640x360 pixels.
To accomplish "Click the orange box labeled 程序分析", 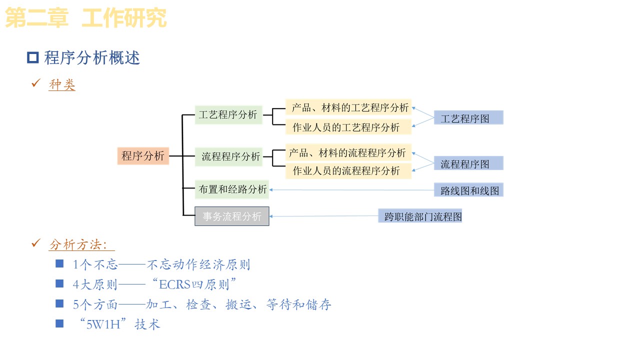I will tap(143, 156).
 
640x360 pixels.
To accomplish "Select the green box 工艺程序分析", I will tap(228, 114).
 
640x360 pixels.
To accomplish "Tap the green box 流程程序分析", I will tap(231, 156).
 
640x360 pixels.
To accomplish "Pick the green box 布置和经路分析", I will tap(232, 189).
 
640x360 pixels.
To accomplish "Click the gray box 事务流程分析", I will tap(232, 216).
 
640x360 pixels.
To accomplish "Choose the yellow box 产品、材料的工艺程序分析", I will tap(349, 107).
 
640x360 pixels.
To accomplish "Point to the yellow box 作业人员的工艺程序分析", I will tap(346, 127).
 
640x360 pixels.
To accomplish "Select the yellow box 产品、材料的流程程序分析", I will tap(347, 152).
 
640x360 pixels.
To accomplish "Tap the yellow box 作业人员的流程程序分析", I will tap(346, 171).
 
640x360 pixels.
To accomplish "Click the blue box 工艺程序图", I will tap(468, 118).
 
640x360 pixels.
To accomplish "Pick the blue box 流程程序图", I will tap(468, 163).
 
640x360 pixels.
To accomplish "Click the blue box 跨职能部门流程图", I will tap(420, 216).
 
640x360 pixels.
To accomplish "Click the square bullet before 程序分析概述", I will tap(33, 58).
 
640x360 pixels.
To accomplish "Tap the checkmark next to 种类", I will tap(35, 83).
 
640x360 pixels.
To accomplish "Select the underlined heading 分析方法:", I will tap(81, 245).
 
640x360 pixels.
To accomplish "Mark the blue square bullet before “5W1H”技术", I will tap(59, 323).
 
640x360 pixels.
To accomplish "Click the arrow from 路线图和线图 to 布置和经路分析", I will tap(350, 190).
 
